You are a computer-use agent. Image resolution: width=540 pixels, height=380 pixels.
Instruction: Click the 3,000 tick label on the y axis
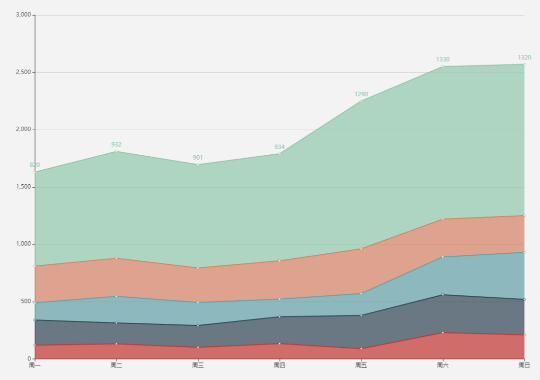tap(23, 15)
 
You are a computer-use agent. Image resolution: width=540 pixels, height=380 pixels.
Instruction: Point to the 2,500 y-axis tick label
tap(23, 72)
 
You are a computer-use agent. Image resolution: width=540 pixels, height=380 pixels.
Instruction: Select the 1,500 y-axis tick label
tap(23, 187)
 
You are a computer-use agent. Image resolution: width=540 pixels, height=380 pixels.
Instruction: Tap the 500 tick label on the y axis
tap(26, 301)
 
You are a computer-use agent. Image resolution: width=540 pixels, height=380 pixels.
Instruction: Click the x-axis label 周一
tap(35, 365)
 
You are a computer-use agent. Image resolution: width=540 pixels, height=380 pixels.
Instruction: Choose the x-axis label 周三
tap(198, 365)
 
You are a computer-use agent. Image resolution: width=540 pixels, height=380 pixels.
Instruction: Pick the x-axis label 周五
tap(361, 365)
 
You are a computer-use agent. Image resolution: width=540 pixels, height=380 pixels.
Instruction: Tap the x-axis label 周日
tap(524, 365)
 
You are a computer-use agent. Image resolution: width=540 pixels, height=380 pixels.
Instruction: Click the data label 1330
tap(442, 60)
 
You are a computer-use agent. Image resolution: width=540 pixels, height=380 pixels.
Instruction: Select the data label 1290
tap(361, 94)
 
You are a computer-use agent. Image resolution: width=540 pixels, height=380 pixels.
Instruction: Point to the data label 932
tap(116, 145)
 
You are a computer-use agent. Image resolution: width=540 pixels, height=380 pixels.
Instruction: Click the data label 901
tap(198, 158)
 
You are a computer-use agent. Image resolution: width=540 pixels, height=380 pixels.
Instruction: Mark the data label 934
tap(279, 147)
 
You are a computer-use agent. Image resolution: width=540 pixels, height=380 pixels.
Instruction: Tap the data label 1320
tap(524, 58)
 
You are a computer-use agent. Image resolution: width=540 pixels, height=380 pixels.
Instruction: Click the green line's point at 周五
tap(361, 101)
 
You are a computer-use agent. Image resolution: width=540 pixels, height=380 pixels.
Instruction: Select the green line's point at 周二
tap(116, 151)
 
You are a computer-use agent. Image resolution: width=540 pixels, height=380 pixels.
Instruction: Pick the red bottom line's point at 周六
tap(442, 332)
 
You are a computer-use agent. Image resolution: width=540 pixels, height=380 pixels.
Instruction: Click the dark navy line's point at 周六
tap(442, 295)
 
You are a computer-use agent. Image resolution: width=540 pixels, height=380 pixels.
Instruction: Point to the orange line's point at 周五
tap(361, 249)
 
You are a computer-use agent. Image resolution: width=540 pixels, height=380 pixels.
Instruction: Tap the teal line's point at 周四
tap(279, 299)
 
